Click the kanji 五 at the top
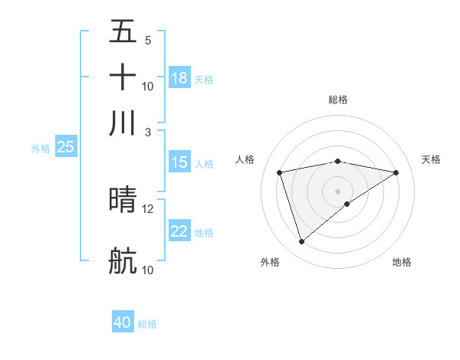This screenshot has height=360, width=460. (x=123, y=31)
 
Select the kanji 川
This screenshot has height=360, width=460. (x=123, y=123)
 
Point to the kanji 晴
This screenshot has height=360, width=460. (x=123, y=200)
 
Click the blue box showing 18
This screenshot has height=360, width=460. (x=179, y=78)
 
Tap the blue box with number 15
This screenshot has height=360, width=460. (x=179, y=162)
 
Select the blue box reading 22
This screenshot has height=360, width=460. (x=179, y=231)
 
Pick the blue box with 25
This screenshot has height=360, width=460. (x=65, y=147)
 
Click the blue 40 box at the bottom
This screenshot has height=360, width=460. (x=123, y=322)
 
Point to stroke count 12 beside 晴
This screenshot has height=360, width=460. (x=148, y=208)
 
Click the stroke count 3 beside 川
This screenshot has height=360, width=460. (x=148, y=132)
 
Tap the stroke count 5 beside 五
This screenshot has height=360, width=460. (x=148, y=40)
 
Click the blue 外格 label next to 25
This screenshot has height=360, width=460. (x=40, y=148)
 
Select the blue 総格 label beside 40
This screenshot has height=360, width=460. (x=147, y=324)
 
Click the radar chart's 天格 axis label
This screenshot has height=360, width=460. (x=431, y=159)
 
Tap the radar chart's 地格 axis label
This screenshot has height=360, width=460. (x=402, y=262)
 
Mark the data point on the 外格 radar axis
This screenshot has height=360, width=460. (x=301, y=242)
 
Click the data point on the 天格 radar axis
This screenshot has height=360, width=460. (x=396, y=172)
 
